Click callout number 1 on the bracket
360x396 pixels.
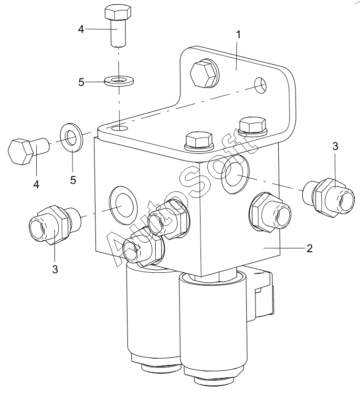click(x=238, y=35)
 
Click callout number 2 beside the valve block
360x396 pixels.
click(x=309, y=248)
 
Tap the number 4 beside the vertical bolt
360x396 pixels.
click(x=81, y=29)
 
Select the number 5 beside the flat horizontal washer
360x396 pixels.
click(x=81, y=82)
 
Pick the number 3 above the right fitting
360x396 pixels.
click(x=335, y=146)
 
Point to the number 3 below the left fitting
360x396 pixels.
click(x=55, y=269)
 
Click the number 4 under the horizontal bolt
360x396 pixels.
click(x=36, y=184)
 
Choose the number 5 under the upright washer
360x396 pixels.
click(x=73, y=180)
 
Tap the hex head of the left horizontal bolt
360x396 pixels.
click(x=21, y=152)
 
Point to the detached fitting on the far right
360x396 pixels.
click(x=328, y=197)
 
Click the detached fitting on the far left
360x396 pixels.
click(x=55, y=225)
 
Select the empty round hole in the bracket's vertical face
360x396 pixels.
click(x=260, y=85)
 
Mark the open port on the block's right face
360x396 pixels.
click(x=235, y=174)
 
